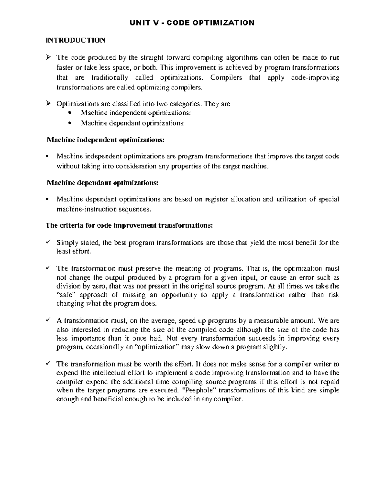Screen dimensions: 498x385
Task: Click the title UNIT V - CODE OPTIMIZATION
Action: (192, 23)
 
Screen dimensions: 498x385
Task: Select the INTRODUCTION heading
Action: (75, 40)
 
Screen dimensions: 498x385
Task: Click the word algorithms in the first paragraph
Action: (244, 58)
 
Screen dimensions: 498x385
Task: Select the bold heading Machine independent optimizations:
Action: (106, 140)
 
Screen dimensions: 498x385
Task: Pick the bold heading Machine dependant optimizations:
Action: (103, 183)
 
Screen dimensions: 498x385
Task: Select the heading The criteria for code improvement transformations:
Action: (129, 225)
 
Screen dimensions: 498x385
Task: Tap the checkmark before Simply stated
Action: (48, 242)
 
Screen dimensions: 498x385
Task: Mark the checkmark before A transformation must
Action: (48, 320)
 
